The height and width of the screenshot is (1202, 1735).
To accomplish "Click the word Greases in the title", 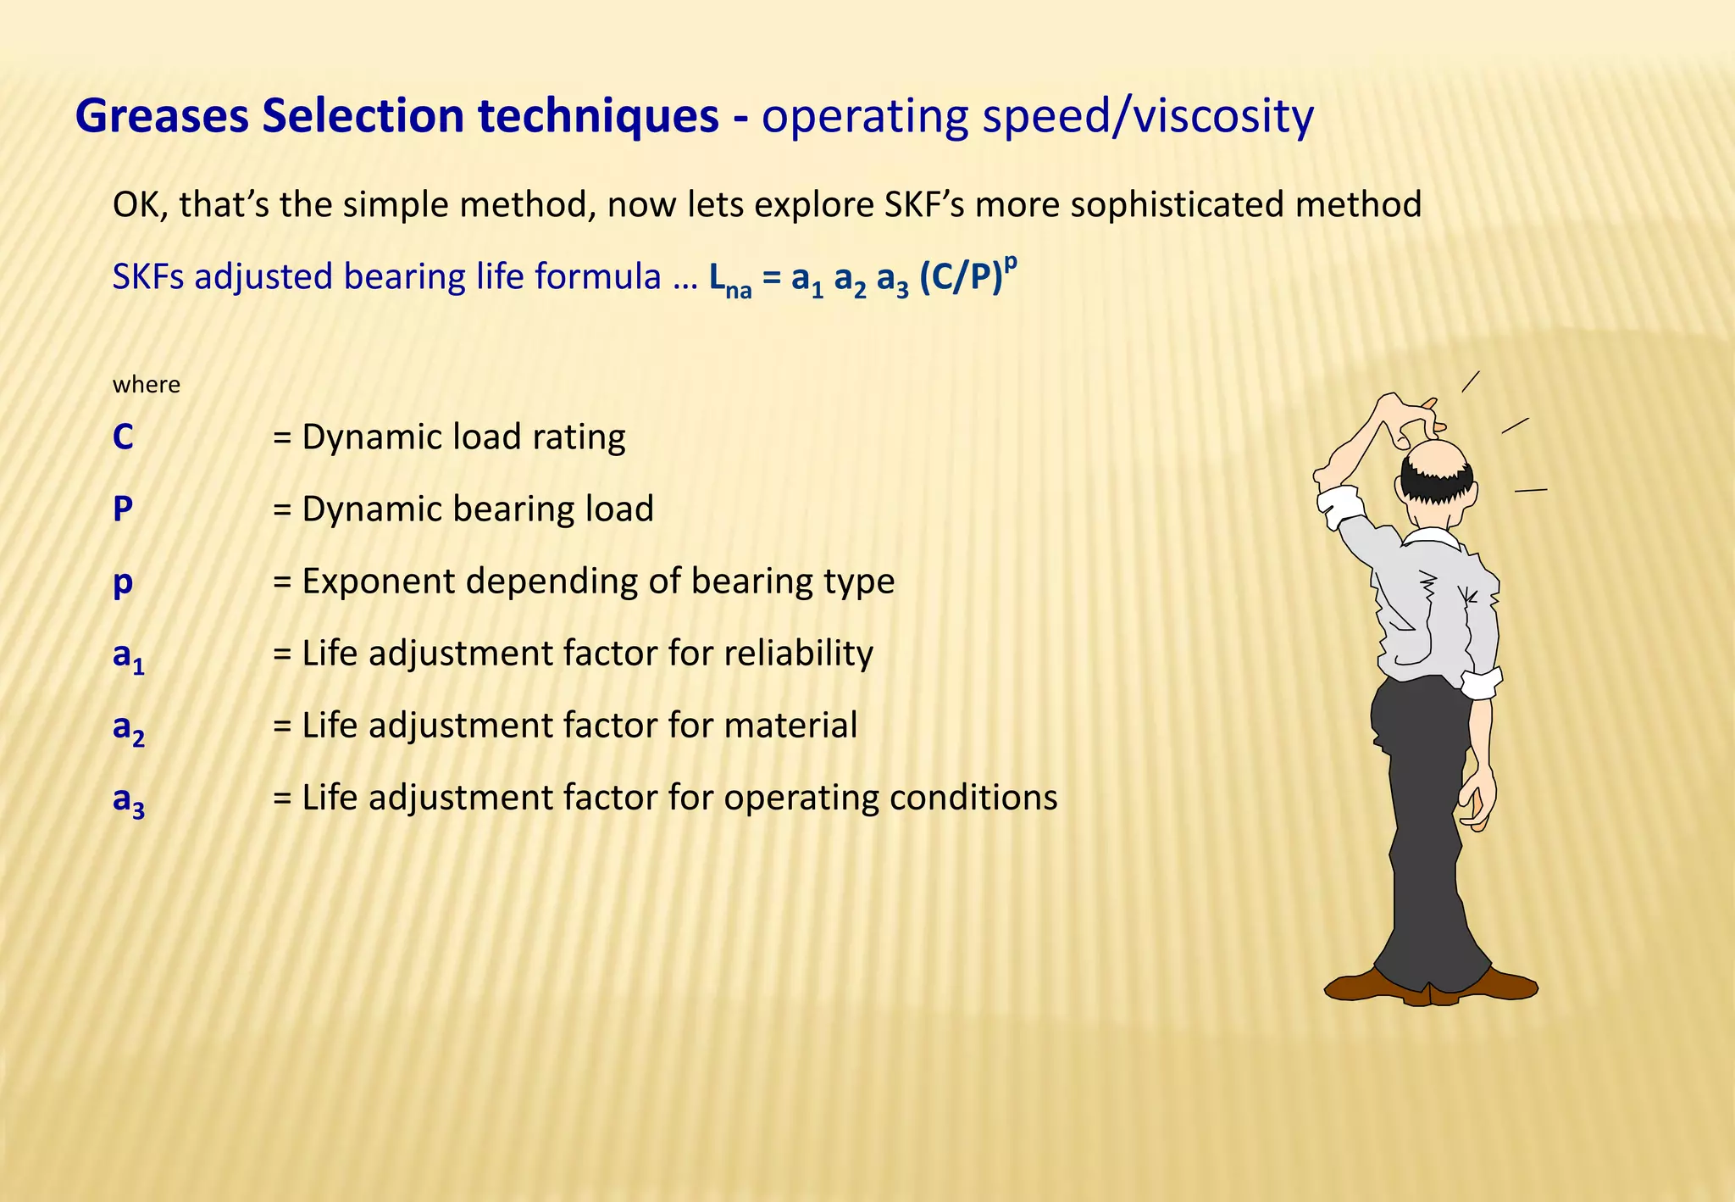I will pyautogui.click(x=162, y=116).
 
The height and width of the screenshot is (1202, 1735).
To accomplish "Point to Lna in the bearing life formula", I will pyautogui.click(x=729, y=280).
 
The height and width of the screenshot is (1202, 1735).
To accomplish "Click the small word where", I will pyautogui.click(x=146, y=385).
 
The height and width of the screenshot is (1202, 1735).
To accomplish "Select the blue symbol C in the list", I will pyautogui.click(x=123, y=437).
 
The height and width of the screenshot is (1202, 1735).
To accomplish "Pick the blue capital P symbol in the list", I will pyautogui.click(x=123, y=509).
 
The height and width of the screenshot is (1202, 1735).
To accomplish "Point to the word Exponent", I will pyautogui.click(x=375, y=582).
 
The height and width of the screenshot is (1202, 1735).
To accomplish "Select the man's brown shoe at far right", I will pyautogui.click(x=1504, y=986).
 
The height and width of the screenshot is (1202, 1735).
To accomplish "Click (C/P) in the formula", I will pyautogui.click(x=961, y=277).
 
